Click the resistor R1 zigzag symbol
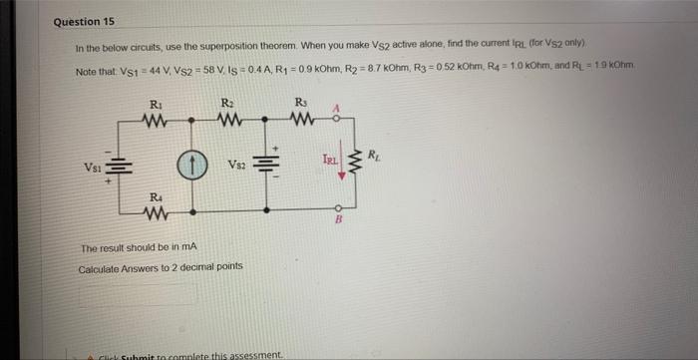155,123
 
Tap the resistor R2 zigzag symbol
227,123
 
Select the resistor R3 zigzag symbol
303,123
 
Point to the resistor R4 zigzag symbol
155,211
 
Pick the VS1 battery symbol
118,167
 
